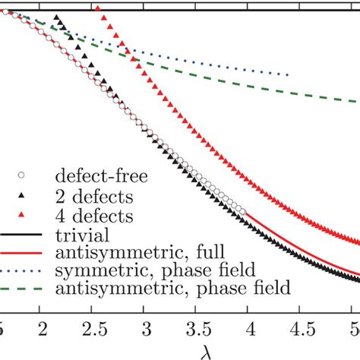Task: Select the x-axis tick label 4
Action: (x=248, y=327)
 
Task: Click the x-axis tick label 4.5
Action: (x=298, y=327)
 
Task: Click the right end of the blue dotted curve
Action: (x=289, y=74)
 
